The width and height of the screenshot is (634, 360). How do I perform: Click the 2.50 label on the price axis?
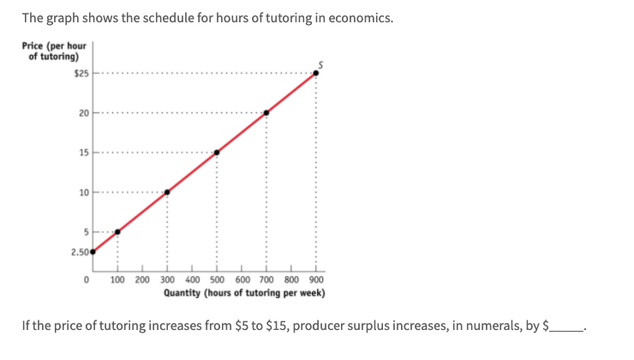pyautogui.click(x=80, y=252)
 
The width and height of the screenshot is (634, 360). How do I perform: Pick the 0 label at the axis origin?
pyautogui.click(x=88, y=280)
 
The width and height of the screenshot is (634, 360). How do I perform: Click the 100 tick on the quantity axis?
pyautogui.click(x=118, y=280)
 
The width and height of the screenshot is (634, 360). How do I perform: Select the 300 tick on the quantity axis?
pyautogui.click(x=167, y=280)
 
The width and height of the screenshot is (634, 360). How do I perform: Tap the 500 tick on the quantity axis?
pyautogui.click(x=217, y=280)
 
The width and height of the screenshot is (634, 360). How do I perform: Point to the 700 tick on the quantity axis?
pyautogui.click(x=266, y=280)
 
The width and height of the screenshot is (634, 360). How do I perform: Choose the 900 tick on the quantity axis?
pyautogui.click(x=316, y=280)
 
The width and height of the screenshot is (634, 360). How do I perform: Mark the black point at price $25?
pyautogui.click(x=316, y=73)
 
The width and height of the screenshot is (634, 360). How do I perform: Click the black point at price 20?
pyautogui.click(x=266, y=112)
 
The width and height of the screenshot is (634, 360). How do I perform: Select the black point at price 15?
pyautogui.click(x=217, y=153)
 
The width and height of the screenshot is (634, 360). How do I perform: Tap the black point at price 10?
pyautogui.click(x=167, y=192)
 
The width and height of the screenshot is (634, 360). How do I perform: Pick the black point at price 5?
pyautogui.click(x=118, y=231)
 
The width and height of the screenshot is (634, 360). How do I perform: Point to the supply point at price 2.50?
pyautogui.click(x=93, y=252)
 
